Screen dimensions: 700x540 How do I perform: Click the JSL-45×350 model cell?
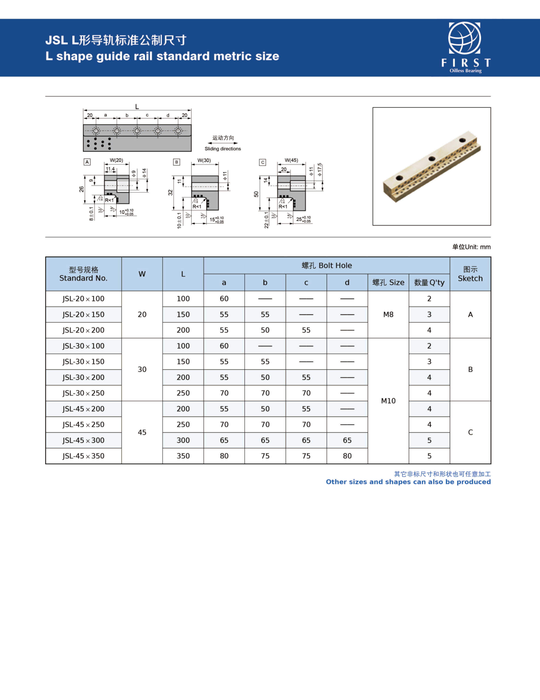point(83,456)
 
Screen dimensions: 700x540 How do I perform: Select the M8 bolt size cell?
point(388,314)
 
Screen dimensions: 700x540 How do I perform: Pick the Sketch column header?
point(470,274)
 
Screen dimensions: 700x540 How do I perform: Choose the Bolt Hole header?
point(327,265)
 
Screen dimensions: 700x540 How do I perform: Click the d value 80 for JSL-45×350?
point(347,456)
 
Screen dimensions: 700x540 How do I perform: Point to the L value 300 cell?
point(183,440)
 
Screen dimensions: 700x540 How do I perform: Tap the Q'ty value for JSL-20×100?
point(429,299)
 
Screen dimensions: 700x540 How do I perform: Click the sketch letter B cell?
point(470,369)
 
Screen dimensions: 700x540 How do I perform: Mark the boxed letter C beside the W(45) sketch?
point(262,162)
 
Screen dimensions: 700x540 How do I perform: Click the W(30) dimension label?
point(204,160)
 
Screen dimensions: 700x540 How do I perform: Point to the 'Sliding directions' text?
point(223,149)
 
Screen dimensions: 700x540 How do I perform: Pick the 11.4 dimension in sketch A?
point(110,169)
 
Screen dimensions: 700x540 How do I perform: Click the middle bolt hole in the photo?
point(432,159)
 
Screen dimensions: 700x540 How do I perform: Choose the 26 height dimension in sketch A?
point(81,189)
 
